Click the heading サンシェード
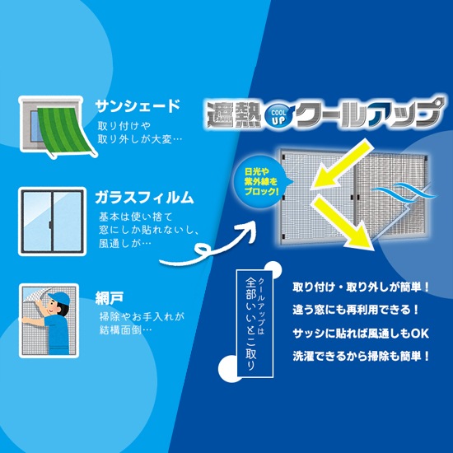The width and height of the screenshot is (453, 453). tap(138, 105)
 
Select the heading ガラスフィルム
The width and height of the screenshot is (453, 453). tap(144, 198)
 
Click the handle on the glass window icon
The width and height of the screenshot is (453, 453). tap(50, 224)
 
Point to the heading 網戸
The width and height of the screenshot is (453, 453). tap(110, 298)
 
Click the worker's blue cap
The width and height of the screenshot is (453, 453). tap(59, 298)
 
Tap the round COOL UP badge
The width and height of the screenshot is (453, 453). tap(278, 116)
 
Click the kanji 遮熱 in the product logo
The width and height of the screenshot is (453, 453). tap(233, 114)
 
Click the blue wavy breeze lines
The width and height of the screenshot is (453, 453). tap(404, 191)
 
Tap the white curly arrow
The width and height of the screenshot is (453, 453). tap(207, 245)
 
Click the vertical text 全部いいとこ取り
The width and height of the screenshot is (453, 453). tap(250, 324)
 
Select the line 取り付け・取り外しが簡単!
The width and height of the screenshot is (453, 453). tap(361, 287)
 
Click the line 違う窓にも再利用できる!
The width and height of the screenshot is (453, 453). tap(355, 310)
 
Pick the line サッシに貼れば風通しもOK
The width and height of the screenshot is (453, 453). tap(361, 334)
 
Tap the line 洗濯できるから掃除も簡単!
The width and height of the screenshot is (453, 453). tap(361, 356)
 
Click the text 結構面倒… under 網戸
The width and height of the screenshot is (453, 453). tap(126, 329)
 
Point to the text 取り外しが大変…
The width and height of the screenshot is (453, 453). tap(140, 139)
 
